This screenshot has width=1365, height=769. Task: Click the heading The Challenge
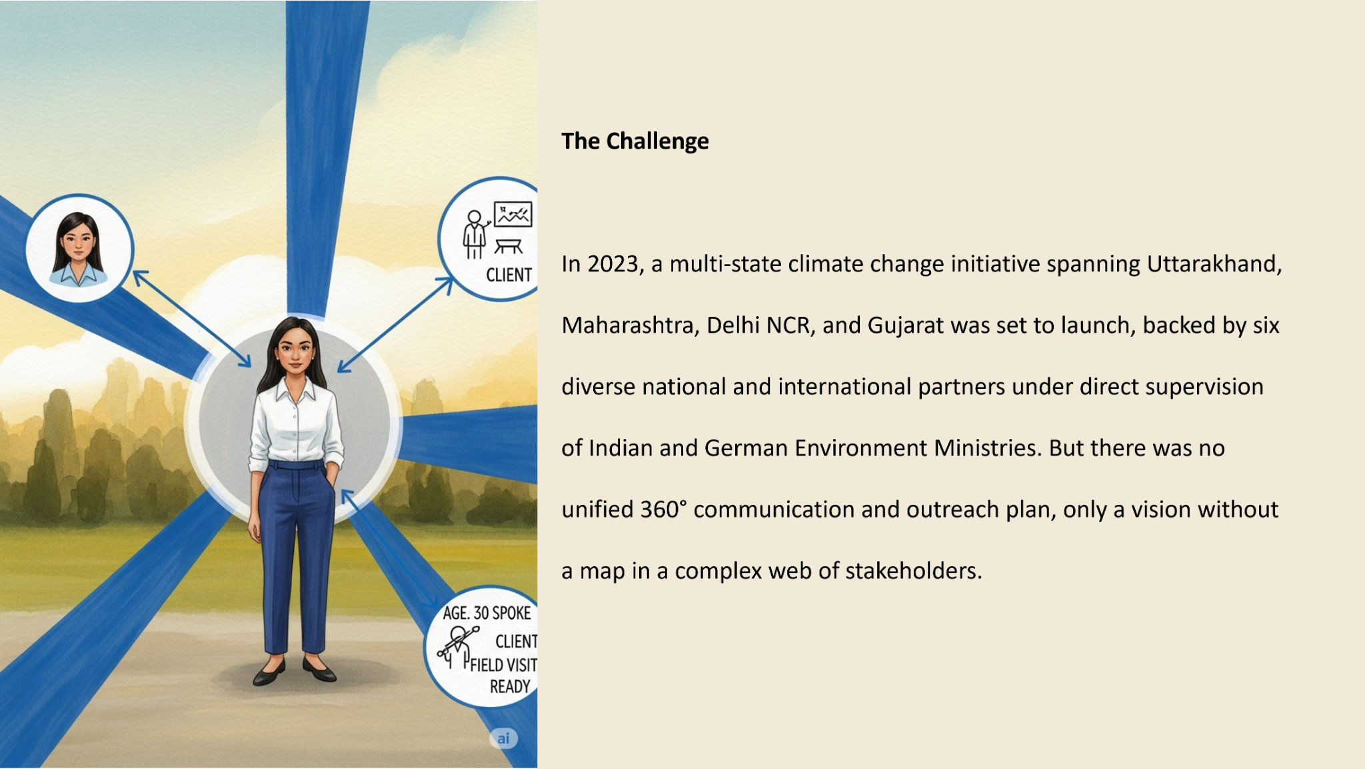pyautogui.click(x=635, y=141)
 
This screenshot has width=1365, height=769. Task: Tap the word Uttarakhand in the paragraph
pyautogui.click(x=1214, y=264)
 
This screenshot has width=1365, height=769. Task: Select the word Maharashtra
pyautogui.click(x=631, y=325)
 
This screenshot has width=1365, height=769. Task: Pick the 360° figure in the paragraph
pyautogui.click(x=663, y=510)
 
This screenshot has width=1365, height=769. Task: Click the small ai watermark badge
pyautogui.click(x=503, y=738)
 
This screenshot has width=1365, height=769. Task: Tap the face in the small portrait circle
pyautogui.click(x=78, y=241)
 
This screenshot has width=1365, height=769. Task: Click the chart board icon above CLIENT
pyautogui.click(x=513, y=214)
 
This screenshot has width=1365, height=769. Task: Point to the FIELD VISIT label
pyautogui.click(x=503, y=665)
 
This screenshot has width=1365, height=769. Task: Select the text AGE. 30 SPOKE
pyautogui.click(x=487, y=613)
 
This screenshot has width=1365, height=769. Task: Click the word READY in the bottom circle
pyautogui.click(x=510, y=686)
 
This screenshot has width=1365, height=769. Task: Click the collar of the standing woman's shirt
pyautogui.click(x=293, y=390)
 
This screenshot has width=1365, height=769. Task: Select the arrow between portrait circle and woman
pyautogui.click(x=192, y=319)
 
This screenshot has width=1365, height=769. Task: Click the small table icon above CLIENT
pyautogui.click(x=509, y=247)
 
